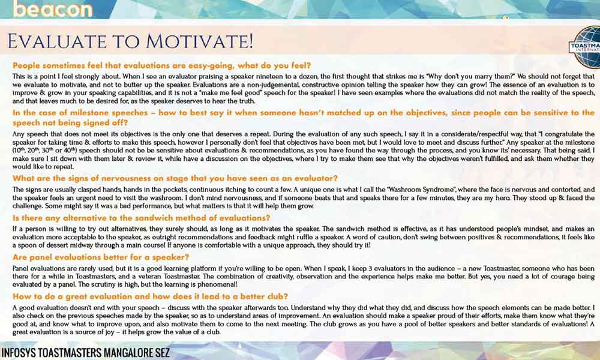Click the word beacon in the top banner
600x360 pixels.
[53, 9]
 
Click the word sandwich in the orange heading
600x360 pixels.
[161, 218]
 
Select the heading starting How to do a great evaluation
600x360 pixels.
[150, 296]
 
